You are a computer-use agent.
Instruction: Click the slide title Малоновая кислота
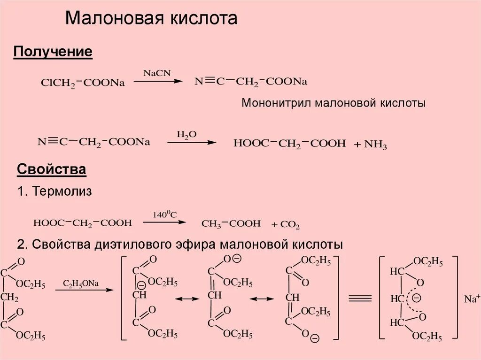(x=151, y=19)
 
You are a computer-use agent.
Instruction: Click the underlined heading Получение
(x=53, y=52)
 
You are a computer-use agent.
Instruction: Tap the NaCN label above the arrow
(x=157, y=73)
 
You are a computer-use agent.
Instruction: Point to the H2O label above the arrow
(x=186, y=134)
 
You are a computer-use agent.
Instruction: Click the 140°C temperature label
(x=164, y=214)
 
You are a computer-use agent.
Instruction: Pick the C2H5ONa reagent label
(x=81, y=283)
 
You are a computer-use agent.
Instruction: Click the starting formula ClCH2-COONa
(x=83, y=83)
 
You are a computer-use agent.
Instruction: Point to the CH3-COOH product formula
(x=231, y=224)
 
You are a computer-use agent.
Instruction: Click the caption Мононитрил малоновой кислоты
(x=334, y=103)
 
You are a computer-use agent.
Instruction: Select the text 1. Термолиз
(x=54, y=191)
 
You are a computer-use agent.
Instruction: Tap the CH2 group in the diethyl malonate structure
(x=9, y=298)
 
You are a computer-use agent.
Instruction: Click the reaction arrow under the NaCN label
(x=158, y=81)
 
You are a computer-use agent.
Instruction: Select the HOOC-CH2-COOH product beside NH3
(x=289, y=143)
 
